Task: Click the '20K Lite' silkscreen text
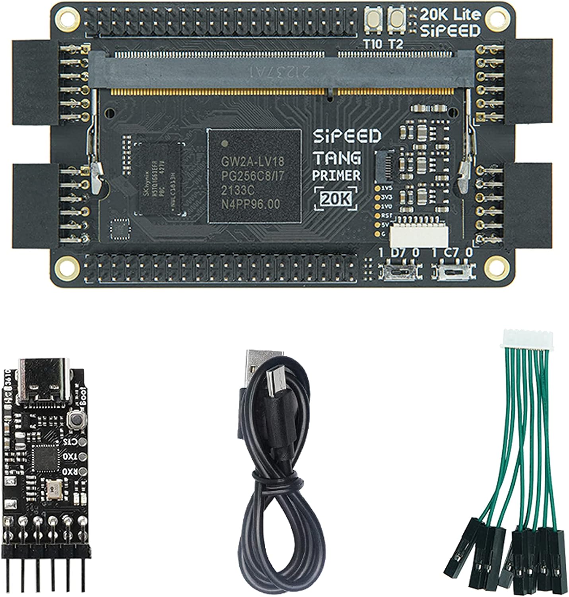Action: tap(450, 15)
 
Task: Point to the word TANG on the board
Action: tap(337, 158)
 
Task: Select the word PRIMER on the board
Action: tap(336, 175)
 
